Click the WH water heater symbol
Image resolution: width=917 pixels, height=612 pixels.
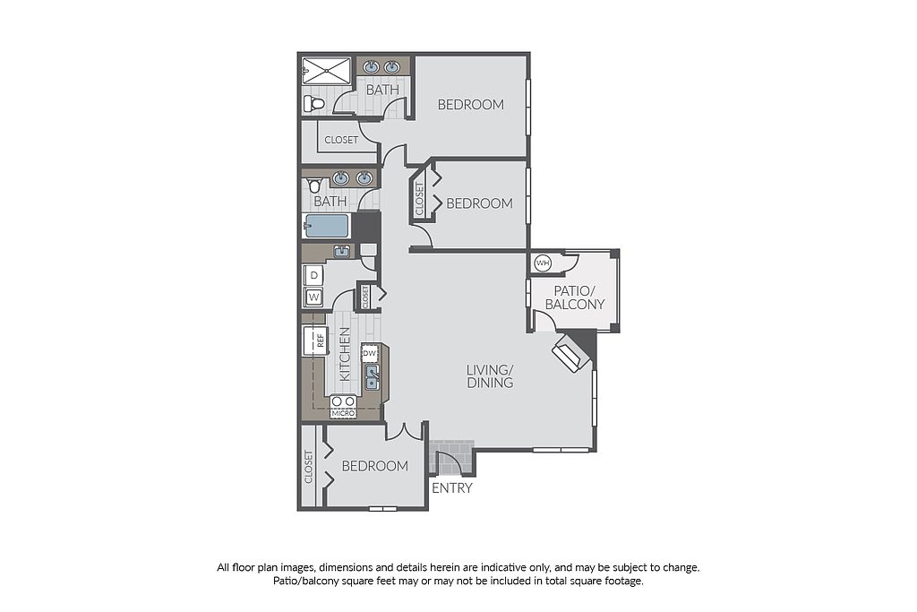[543, 263]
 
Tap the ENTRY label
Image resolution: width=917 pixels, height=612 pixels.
[452, 488]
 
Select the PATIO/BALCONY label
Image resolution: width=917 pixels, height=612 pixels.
[574, 297]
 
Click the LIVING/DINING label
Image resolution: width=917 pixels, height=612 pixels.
[490, 376]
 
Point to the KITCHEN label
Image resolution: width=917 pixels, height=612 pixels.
[345, 354]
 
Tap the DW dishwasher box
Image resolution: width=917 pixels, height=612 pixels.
[370, 353]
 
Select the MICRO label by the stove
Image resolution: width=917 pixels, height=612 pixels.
[343, 414]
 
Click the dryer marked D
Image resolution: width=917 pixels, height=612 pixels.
[314, 275]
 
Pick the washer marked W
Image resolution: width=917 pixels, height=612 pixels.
[314, 297]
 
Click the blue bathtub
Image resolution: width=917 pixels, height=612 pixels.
[326, 227]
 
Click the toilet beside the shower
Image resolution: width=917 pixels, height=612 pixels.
[313, 105]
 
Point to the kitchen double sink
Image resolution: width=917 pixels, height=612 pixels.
[372, 377]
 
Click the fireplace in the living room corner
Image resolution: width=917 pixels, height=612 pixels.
[571, 353]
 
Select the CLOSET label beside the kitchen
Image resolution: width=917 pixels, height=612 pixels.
[365, 297]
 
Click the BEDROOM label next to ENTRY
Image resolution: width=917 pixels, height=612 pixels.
[375, 466]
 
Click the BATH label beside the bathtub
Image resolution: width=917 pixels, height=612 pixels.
[330, 202]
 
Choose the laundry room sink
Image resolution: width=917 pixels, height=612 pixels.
[341, 252]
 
